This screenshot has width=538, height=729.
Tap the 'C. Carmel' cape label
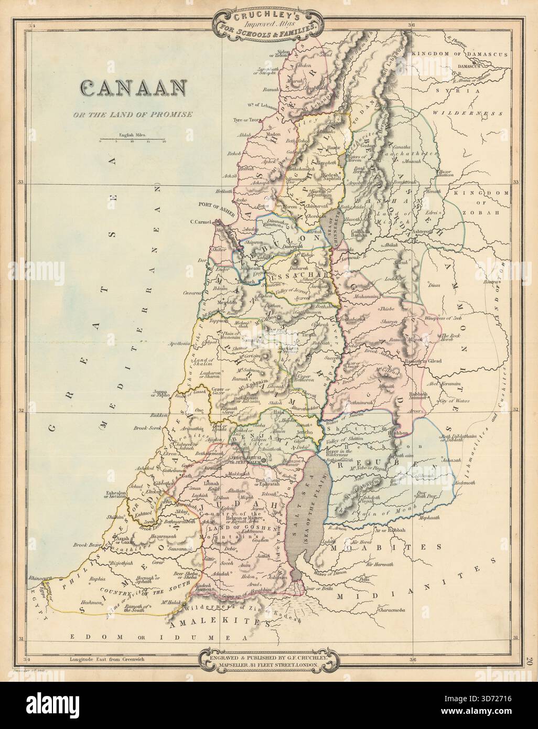(201, 222)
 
